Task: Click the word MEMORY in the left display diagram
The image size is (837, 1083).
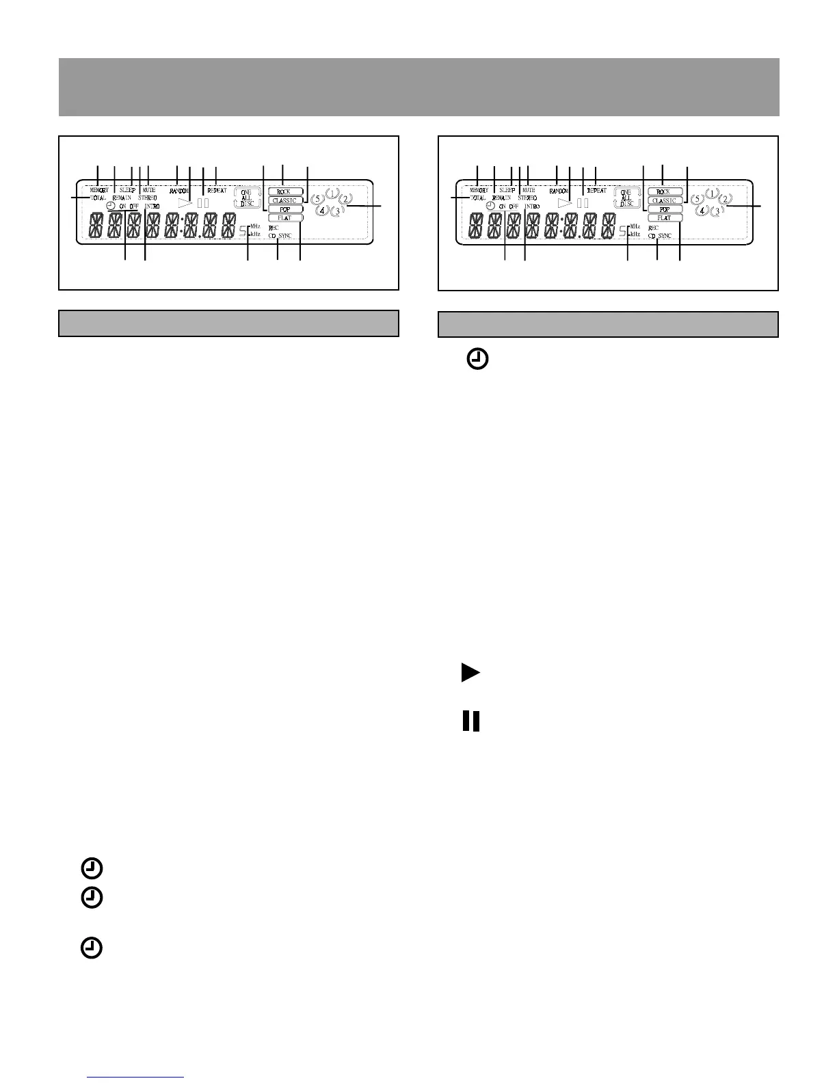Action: (99, 190)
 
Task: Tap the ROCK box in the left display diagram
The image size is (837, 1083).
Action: (284, 192)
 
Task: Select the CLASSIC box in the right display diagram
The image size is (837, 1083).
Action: (664, 201)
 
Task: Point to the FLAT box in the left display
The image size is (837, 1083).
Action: (284, 218)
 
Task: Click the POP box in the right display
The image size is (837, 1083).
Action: (664, 210)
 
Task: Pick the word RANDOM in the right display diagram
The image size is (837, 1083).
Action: (559, 191)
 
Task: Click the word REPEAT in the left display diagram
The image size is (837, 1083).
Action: (217, 191)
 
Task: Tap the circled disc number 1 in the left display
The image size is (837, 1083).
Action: (332, 193)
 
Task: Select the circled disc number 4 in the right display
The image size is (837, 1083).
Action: (702, 211)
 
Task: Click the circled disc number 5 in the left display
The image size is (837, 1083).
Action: (317, 200)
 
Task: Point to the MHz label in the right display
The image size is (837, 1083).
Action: (635, 226)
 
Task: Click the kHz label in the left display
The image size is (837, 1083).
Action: (255, 234)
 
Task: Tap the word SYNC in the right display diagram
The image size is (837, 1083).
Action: (665, 236)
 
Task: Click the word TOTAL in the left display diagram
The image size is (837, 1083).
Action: (98, 198)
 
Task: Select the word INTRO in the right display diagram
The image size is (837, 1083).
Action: (532, 206)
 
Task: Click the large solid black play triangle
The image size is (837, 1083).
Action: (469, 673)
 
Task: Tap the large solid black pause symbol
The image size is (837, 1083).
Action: (471, 721)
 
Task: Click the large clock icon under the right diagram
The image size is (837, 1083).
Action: (478, 360)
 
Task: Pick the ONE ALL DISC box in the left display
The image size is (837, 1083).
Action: (247, 198)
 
